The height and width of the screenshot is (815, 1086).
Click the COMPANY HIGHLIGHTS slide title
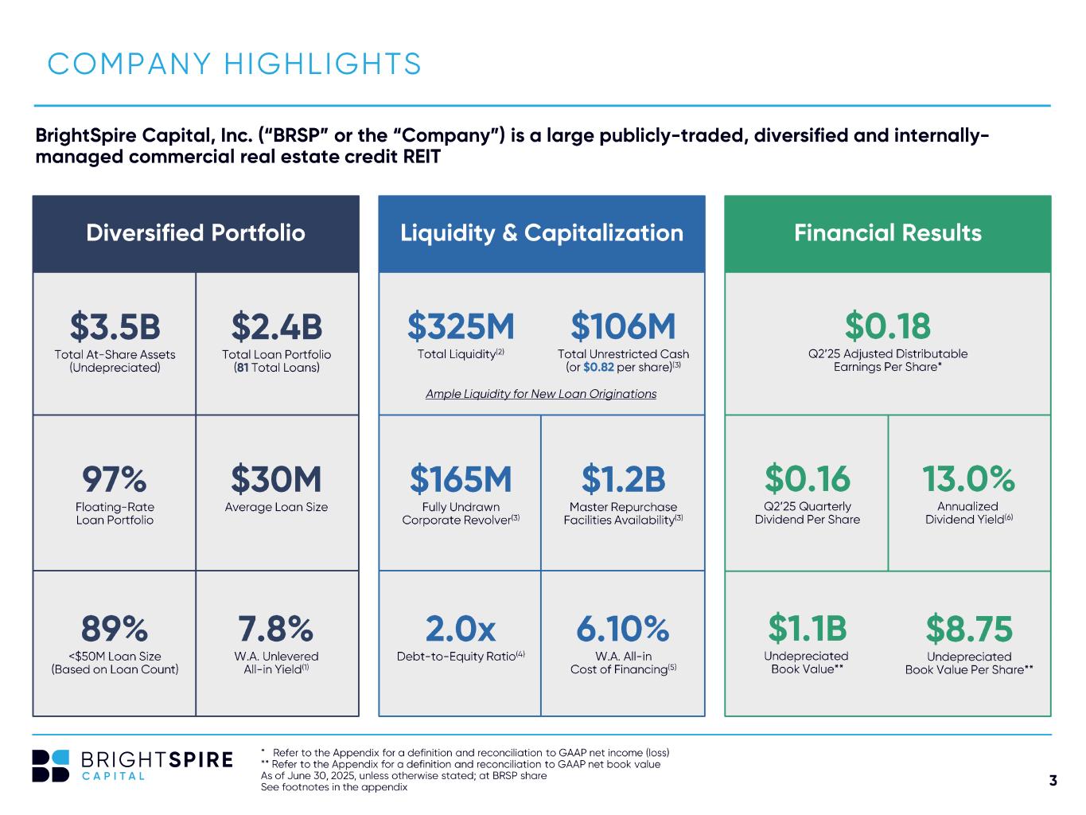click(x=235, y=64)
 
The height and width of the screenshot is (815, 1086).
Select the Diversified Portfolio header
click(x=196, y=232)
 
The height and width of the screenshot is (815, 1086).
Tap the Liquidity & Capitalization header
click(x=541, y=232)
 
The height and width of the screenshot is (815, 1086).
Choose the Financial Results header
click(x=887, y=232)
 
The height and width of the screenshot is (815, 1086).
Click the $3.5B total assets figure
click(x=115, y=326)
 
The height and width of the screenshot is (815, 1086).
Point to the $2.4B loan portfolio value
click(x=277, y=326)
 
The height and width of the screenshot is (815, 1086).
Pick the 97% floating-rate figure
click(x=115, y=480)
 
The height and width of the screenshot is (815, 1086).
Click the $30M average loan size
click(x=277, y=480)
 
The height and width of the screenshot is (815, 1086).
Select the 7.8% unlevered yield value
click(x=277, y=630)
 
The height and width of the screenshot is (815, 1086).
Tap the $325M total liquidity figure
click(x=461, y=326)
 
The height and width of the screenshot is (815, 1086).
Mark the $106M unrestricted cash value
click(x=623, y=326)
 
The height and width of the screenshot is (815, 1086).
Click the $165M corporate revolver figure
click(x=461, y=480)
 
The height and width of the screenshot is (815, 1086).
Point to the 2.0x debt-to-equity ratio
click(x=461, y=630)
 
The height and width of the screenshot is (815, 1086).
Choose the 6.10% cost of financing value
click(x=623, y=630)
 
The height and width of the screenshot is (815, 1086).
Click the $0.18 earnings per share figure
click(x=887, y=326)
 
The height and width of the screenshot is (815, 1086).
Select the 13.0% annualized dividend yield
click(x=968, y=479)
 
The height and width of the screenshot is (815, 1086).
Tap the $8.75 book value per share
click(x=968, y=630)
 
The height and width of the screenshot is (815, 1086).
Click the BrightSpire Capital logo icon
click(x=51, y=766)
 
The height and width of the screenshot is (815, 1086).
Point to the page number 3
click(x=1053, y=780)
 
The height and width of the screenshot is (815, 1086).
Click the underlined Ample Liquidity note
click(x=541, y=394)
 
